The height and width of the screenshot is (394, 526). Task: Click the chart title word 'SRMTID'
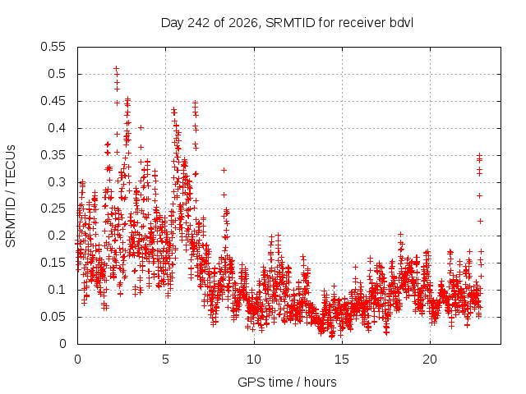point(290,23)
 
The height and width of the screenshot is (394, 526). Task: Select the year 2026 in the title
point(244,23)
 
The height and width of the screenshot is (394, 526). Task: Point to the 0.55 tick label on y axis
point(53,47)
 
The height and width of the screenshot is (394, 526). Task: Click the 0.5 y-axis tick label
point(57,74)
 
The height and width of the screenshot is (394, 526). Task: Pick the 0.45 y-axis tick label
point(53,101)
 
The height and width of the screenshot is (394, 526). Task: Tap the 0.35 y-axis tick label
point(53,155)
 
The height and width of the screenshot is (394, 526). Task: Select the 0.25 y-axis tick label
point(53,208)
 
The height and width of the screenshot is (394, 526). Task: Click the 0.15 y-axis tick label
point(53,263)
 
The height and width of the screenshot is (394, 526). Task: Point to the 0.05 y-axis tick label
point(53,317)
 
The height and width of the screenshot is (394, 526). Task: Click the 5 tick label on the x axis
point(166,360)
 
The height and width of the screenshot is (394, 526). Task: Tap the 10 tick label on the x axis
point(254,360)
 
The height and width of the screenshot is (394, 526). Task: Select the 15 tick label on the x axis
point(342,360)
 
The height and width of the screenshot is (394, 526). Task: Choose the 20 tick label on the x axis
point(430,360)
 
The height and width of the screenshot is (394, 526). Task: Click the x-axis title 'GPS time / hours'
point(287,383)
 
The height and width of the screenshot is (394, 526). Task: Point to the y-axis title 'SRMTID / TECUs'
point(11,196)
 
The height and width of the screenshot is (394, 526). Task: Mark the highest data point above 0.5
point(117,69)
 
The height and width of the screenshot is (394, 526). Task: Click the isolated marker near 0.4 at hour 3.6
point(141,127)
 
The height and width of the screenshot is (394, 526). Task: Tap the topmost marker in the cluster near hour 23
point(480,155)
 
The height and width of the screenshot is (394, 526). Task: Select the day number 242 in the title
point(199,23)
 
